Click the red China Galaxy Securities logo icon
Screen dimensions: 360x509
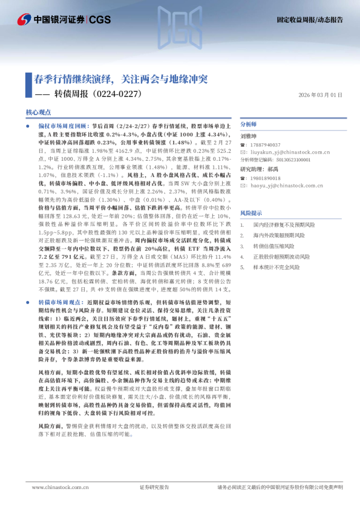pos(24,20)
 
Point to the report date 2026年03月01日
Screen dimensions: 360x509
pos(320,95)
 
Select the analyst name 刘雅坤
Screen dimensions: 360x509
pos(249,137)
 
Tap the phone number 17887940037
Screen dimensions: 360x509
pos(266,145)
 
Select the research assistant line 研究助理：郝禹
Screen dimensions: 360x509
pos(260,169)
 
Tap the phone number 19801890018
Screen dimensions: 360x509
pos(266,178)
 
